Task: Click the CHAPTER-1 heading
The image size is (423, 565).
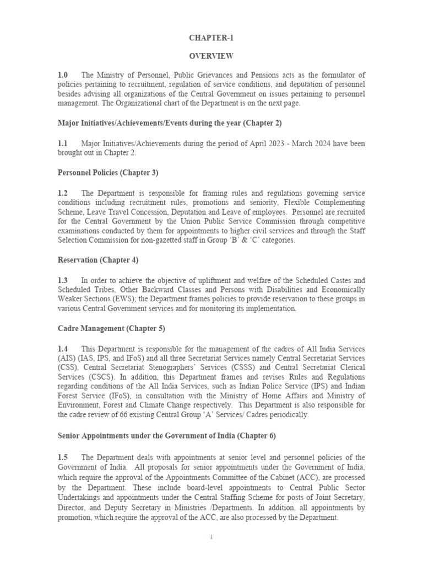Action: [211, 38]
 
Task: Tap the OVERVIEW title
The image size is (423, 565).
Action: [211, 56]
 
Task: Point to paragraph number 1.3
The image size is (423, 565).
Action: [62, 281]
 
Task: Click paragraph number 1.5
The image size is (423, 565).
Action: [62, 457]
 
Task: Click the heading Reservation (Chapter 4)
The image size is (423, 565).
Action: [98, 259]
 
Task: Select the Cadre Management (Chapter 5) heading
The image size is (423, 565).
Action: [111, 328]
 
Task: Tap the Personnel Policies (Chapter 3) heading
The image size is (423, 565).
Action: [108, 173]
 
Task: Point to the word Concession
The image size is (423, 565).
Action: [148, 212]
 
